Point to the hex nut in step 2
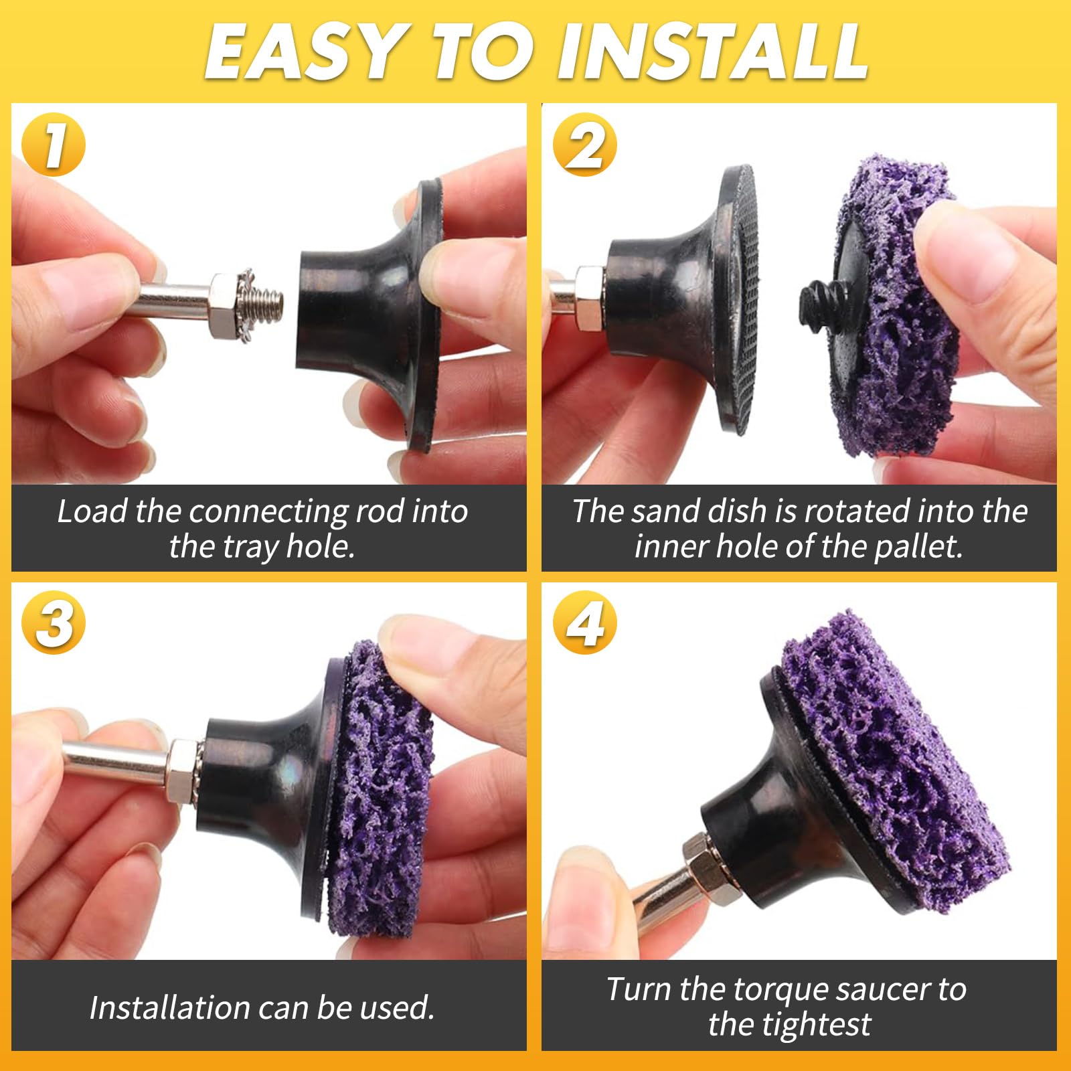pyautogui.click(x=589, y=298)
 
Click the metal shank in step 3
pyautogui.click(x=117, y=763)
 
